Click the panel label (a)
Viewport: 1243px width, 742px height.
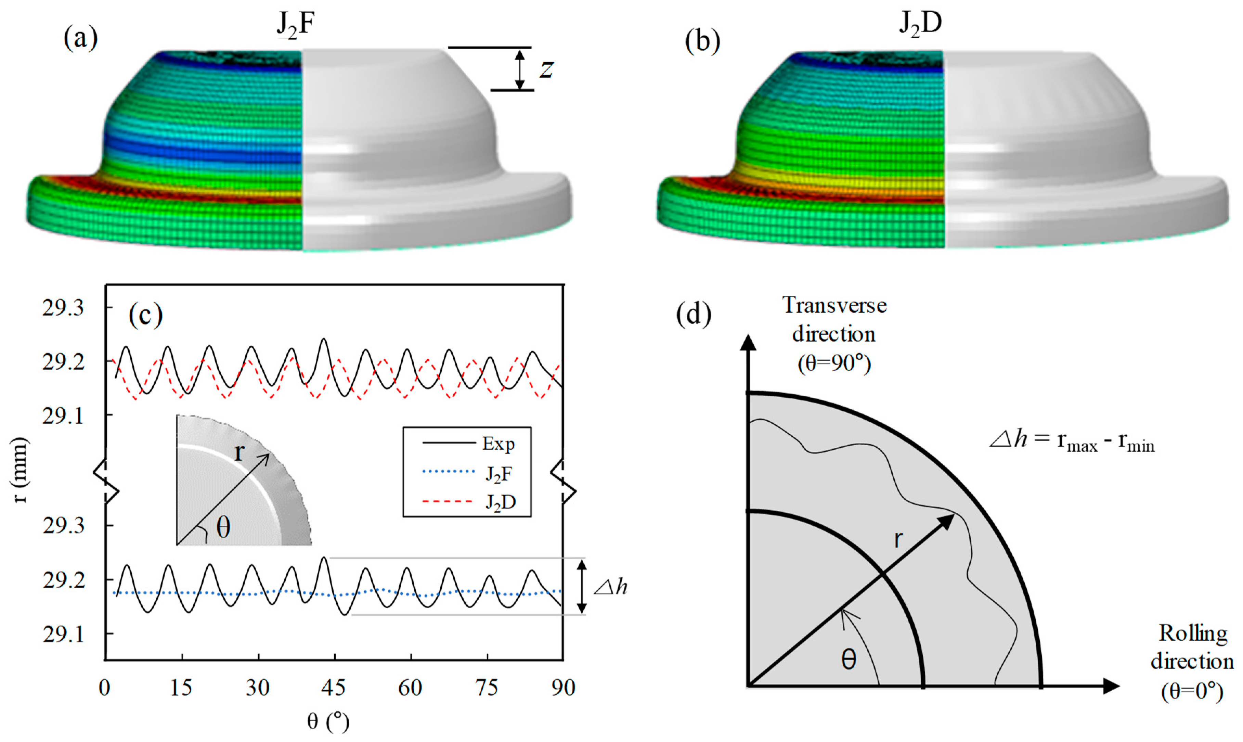[80, 39]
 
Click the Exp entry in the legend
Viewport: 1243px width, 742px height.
[498, 444]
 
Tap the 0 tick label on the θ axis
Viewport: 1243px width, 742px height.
[104, 688]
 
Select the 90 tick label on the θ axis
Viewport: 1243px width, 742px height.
[563, 688]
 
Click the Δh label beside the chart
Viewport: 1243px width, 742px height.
[610, 587]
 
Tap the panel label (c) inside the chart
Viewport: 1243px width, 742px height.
[145, 316]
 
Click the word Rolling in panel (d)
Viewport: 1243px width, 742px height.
[1193, 634]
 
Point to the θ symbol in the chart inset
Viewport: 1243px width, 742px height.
[223, 527]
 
